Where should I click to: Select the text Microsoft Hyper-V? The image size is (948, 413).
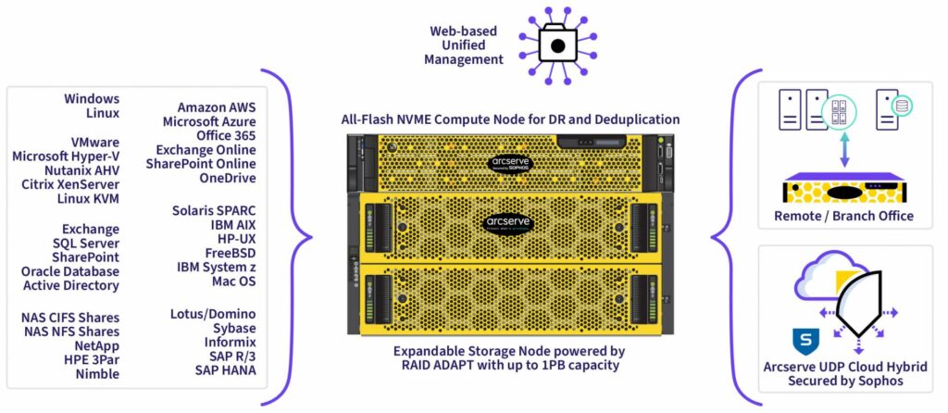[x=66, y=156]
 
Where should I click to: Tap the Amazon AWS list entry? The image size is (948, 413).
[x=217, y=107]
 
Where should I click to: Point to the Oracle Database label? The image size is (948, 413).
[x=70, y=271]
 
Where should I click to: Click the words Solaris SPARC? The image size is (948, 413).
[x=214, y=211]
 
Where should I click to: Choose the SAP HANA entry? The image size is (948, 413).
[x=226, y=370]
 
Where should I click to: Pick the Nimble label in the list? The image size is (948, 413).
[x=97, y=374]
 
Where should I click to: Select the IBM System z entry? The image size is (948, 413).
[x=217, y=268]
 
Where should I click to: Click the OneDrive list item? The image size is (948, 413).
[x=228, y=178]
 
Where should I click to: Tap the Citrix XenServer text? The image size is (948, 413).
[x=70, y=184]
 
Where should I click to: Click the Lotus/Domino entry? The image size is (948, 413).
[x=213, y=314]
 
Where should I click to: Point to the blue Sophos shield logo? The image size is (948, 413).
[x=805, y=342]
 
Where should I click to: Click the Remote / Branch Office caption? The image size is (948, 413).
[x=844, y=216]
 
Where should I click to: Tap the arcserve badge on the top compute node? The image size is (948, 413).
[x=509, y=163]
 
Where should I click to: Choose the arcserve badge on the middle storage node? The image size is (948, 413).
[x=508, y=222]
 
